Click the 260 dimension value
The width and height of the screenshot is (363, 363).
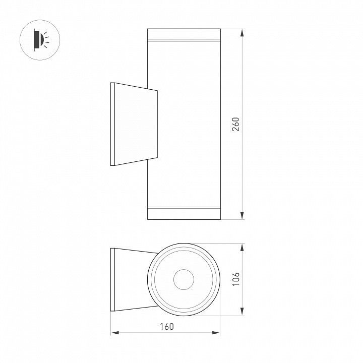(x=235, y=125)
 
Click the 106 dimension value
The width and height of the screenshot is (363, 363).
(x=236, y=279)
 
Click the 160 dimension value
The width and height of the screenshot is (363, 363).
(x=167, y=326)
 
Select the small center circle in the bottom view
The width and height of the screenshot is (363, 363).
(x=184, y=279)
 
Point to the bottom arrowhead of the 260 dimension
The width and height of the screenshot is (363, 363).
(x=242, y=215)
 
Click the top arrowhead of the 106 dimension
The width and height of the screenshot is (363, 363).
(x=242, y=248)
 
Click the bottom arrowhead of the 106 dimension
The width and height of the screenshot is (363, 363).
(x=242, y=311)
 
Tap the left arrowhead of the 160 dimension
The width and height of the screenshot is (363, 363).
(x=115, y=333)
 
